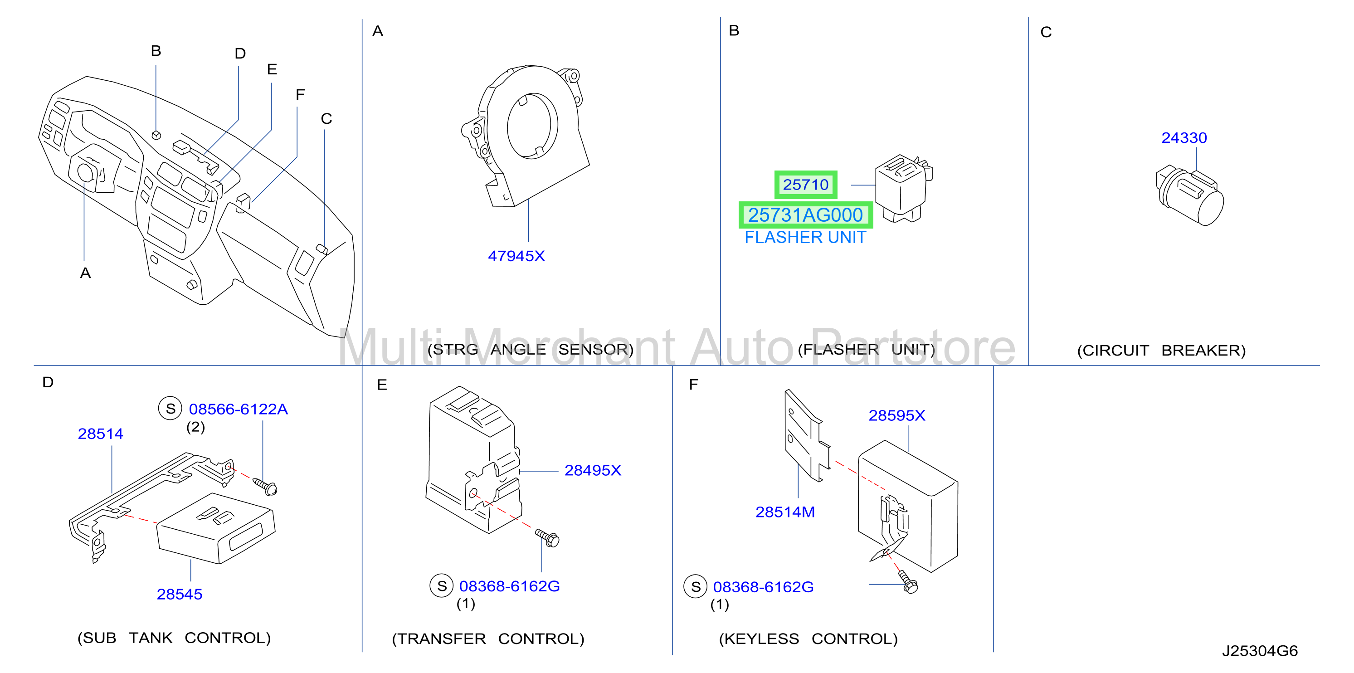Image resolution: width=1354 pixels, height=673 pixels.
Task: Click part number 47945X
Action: click(x=516, y=256)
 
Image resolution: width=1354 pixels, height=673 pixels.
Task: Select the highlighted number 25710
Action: click(x=805, y=185)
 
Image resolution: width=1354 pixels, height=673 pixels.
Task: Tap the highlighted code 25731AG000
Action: click(x=805, y=215)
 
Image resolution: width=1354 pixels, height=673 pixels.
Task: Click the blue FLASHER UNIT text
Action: click(x=805, y=237)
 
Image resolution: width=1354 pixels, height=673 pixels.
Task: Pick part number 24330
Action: click(x=1184, y=138)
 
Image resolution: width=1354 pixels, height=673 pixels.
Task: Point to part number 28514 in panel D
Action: click(x=100, y=434)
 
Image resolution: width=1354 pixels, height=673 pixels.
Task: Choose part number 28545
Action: click(x=179, y=594)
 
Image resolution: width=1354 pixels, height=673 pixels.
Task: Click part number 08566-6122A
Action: click(x=238, y=409)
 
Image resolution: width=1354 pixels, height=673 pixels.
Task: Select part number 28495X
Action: click(x=592, y=470)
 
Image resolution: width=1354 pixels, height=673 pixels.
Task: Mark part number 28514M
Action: click(x=785, y=512)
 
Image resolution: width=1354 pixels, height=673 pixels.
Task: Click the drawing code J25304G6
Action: click(x=1259, y=651)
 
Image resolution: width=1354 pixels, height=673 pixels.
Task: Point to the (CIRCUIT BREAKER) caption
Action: click(x=1161, y=351)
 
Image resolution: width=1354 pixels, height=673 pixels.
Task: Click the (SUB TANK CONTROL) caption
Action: click(x=174, y=638)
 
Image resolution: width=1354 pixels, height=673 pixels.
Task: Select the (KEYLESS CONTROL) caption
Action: click(x=808, y=639)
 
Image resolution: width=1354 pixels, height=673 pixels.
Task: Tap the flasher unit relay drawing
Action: click(x=903, y=188)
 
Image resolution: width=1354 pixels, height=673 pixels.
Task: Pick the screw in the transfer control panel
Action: click(x=547, y=538)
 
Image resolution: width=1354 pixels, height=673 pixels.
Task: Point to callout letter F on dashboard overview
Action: click(x=300, y=95)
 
